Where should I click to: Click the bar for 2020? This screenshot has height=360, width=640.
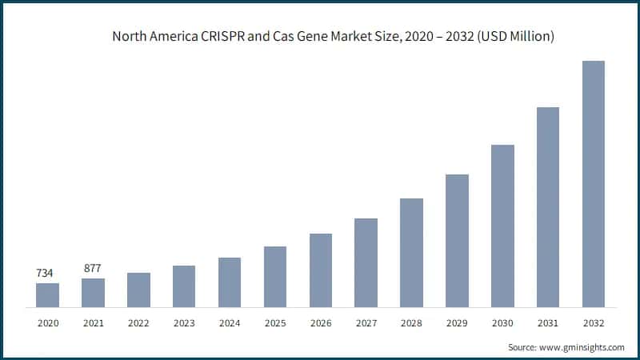[x=47, y=294]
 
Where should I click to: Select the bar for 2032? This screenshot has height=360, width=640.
[x=593, y=184]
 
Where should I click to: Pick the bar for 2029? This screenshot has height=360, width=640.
[x=457, y=241]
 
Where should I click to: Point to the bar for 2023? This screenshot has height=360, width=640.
[x=184, y=286]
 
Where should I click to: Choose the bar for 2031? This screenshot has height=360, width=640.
[x=547, y=207]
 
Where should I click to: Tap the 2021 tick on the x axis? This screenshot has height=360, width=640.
[x=93, y=323]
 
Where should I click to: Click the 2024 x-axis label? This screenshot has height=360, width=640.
[x=230, y=323]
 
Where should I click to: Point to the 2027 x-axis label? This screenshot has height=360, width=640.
[x=366, y=323]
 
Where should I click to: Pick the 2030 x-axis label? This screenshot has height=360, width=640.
[x=502, y=323]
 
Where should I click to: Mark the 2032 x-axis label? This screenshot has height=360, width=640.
[x=593, y=323]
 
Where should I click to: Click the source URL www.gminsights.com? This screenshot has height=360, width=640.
[x=582, y=347]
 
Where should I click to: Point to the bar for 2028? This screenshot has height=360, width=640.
[x=411, y=253]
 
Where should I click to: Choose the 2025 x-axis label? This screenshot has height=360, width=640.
[x=275, y=323]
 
